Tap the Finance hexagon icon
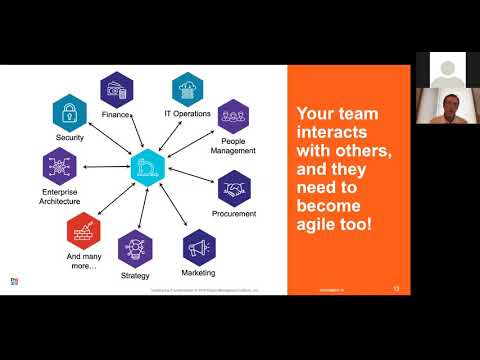117,90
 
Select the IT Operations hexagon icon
187,89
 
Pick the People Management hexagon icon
233,116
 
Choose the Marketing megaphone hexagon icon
199,246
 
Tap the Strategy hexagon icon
135,247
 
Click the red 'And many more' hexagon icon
82,230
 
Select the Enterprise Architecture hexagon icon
59,166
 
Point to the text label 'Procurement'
235,213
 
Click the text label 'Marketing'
199,272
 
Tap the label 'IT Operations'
188,114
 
